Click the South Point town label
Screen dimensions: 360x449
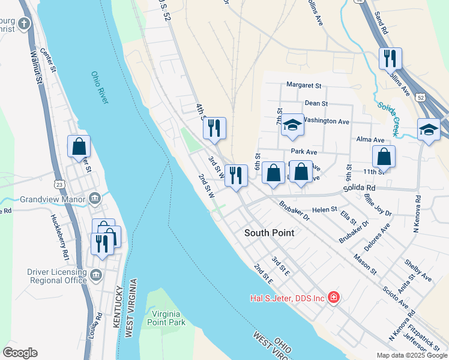(x=269, y=232)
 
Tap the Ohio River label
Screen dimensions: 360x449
(x=100, y=88)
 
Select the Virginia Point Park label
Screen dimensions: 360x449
(x=168, y=318)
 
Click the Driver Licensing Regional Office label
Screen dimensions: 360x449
(x=57, y=276)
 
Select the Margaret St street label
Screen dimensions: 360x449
(x=304, y=85)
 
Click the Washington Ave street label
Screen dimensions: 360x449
(x=325, y=121)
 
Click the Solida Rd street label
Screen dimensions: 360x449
(x=358, y=188)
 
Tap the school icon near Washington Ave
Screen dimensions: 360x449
(x=292, y=125)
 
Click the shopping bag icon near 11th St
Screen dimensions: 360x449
(x=384, y=157)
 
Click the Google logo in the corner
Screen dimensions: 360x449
(x=20, y=353)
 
